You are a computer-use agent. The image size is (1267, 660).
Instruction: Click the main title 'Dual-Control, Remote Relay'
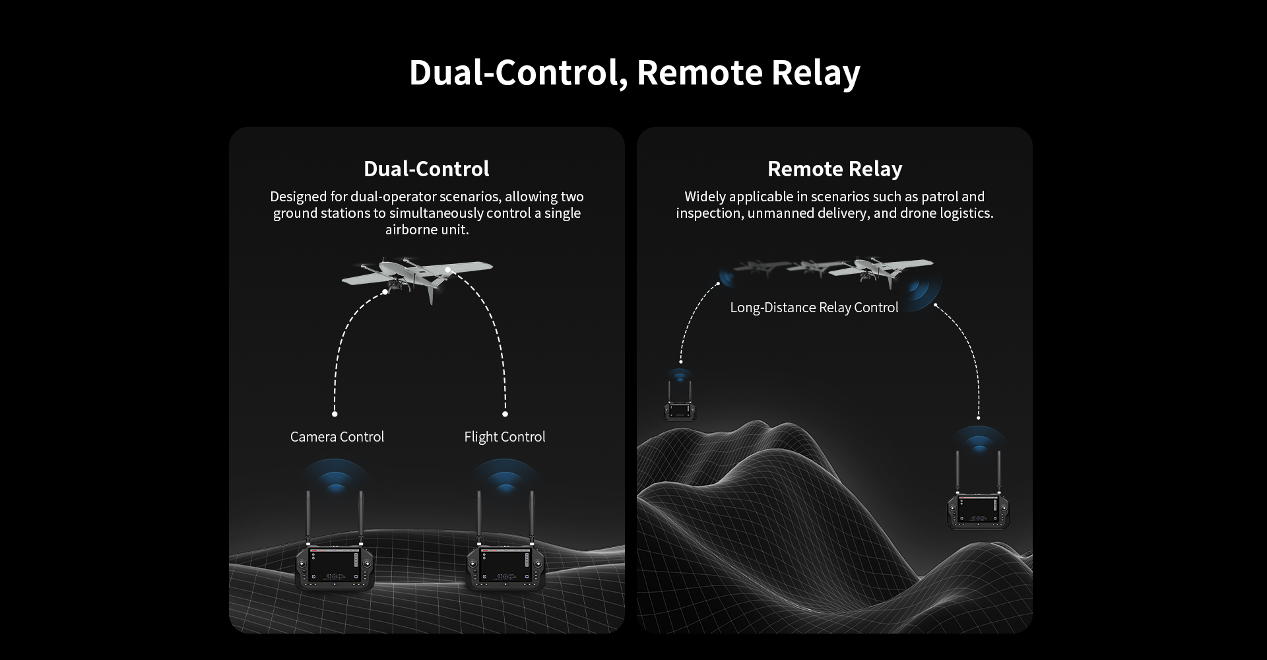(634, 73)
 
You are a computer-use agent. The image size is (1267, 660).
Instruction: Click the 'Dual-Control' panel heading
(426, 169)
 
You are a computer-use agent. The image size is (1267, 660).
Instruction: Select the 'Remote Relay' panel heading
(835, 169)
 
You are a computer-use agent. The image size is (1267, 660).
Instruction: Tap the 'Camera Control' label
(337, 437)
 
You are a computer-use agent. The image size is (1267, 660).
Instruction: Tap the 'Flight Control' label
(505, 437)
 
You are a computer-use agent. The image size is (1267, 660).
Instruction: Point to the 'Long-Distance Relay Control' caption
(814, 308)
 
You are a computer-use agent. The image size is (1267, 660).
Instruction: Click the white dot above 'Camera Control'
(335, 414)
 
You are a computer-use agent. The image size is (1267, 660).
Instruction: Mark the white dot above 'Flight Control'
(505, 414)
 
